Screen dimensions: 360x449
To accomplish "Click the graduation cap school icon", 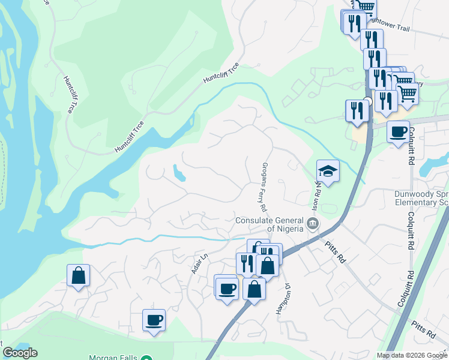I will pyautogui.click(x=328, y=171).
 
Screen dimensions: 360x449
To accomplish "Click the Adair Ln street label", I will pyautogui.click(x=199, y=263).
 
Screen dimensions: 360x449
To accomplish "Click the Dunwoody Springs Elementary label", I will pyautogui.click(x=421, y=198).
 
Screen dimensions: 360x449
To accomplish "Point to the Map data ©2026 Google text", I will pyautogui.click(x=411, y=355).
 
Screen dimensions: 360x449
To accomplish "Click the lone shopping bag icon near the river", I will pyautogui.click(x=78, y=275).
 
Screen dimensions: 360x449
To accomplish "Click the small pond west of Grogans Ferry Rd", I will pyautogui.click(x=178, y=173).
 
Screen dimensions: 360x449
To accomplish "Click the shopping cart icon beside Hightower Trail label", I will pyautogui.click(x=365, y=6).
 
